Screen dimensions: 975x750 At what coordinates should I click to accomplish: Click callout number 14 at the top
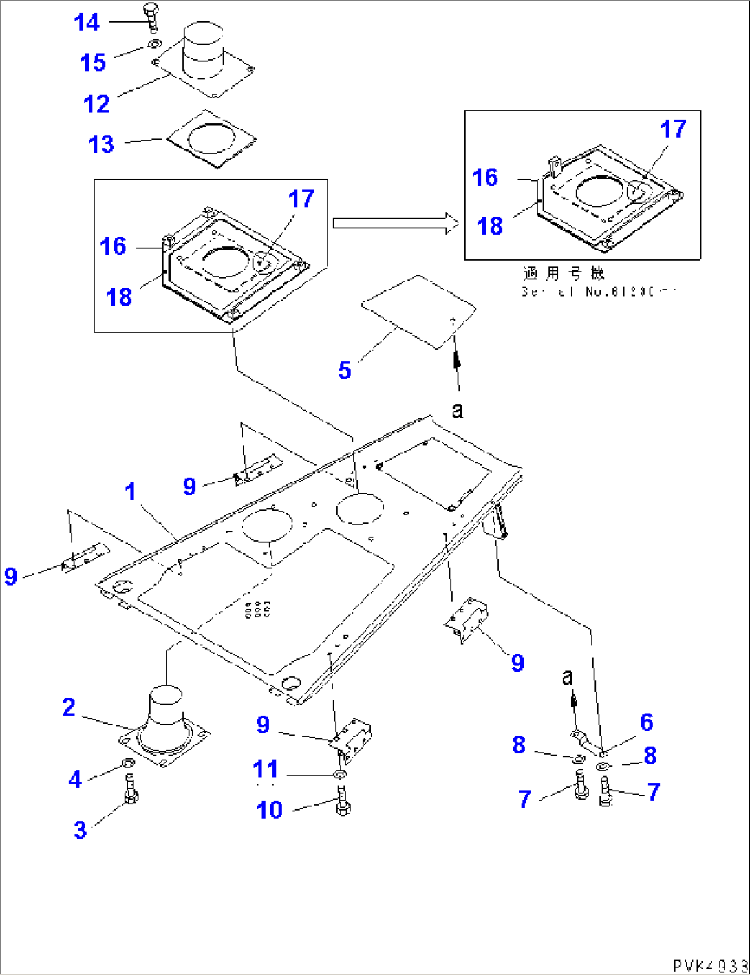pos(87,23)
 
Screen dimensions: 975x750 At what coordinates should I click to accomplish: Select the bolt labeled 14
pos(151,17)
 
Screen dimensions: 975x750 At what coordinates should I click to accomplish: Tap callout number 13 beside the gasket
pos(101,144)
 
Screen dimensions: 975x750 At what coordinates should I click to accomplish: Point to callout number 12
pos(96,105)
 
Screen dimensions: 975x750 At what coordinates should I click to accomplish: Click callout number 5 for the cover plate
pos(345,371)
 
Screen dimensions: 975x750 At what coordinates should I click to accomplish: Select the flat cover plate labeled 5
pos(419,311)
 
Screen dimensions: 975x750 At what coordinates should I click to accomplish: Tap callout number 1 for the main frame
pos(131,492)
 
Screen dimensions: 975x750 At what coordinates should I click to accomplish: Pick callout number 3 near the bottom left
pos(81,830)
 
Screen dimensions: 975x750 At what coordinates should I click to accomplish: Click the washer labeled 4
pos(127,764)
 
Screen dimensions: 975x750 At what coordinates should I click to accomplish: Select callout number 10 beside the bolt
pos(269,811)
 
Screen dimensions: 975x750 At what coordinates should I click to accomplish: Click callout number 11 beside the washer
pos(266,769)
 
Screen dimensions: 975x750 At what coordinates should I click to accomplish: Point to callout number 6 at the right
pos(646,722)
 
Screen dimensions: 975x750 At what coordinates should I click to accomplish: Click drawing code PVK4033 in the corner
pos(710,965)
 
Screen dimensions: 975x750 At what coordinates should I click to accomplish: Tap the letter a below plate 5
pos(458,411)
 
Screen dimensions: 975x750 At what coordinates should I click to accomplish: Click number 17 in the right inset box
pos(673,129)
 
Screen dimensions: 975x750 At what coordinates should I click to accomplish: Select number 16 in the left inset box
pos(113,246)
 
